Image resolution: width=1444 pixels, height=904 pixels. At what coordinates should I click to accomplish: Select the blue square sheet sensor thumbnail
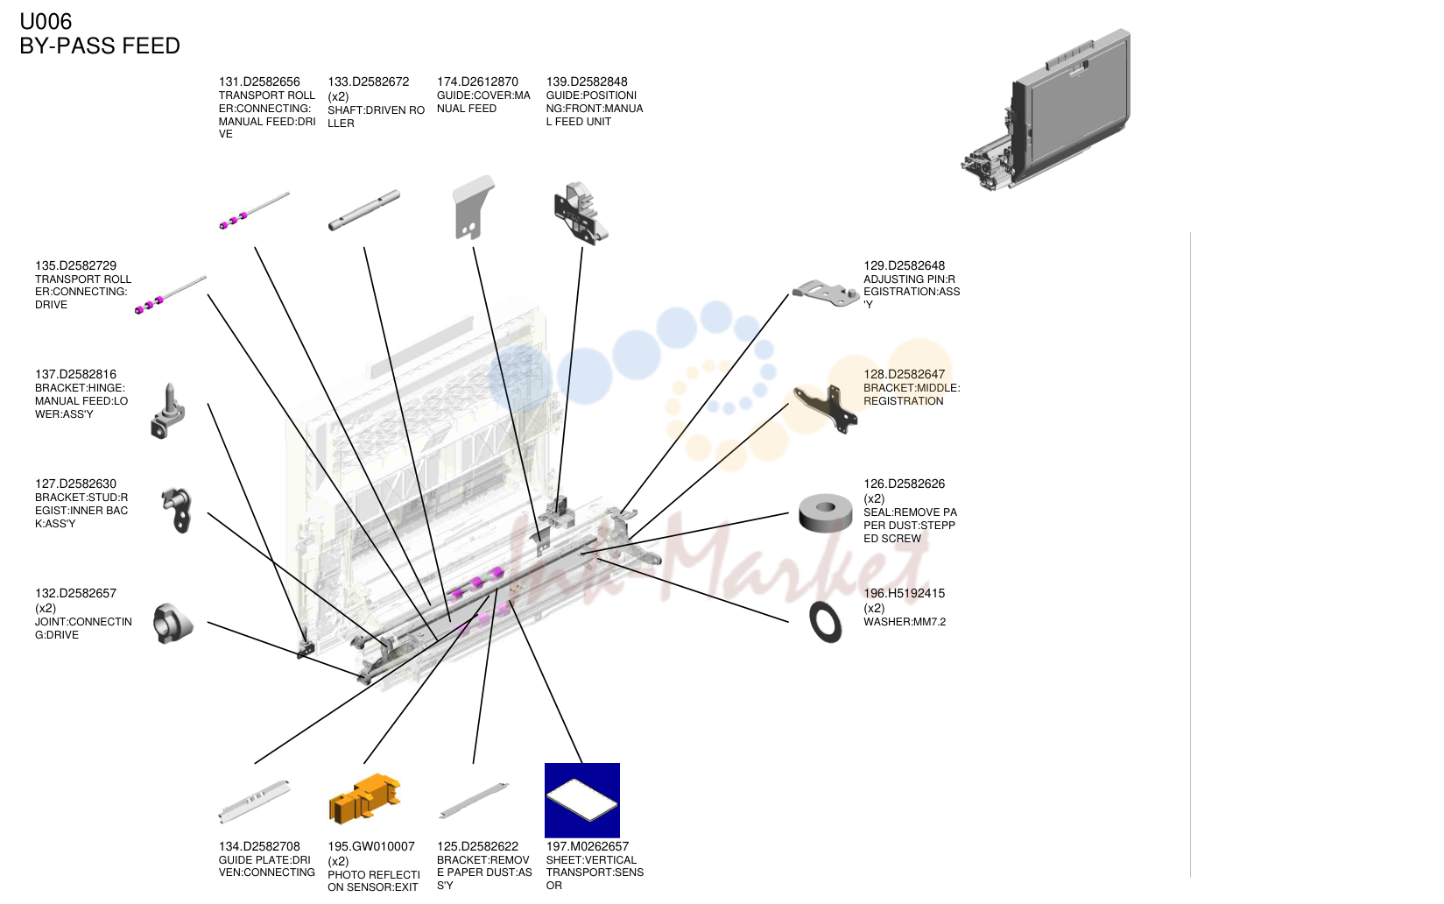(582, 800)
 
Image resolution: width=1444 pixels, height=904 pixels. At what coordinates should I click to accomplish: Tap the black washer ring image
(825, 622)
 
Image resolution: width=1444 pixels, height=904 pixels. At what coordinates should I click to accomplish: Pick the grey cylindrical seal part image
(825, 513)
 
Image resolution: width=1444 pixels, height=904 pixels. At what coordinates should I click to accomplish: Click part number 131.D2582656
(259, 81)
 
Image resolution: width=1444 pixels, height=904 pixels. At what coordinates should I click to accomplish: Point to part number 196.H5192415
(904, 593)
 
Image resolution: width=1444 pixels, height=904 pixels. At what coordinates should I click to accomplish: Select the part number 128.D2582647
(904, 374)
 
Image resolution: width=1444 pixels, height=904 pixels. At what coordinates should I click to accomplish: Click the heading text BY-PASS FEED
(100, 46)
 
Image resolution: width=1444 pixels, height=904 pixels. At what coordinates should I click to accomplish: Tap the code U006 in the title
(46, 21)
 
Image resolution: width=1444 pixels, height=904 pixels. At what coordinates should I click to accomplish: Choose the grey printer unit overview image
(1046, 109)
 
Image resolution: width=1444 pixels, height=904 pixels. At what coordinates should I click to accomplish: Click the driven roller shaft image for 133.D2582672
(363, 210)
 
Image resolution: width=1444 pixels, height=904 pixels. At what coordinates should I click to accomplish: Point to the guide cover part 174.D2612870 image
(473, 208)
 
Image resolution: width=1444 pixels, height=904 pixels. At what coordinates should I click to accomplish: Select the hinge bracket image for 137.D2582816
(168, 412)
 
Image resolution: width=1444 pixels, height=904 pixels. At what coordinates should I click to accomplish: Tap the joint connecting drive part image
(173, 624)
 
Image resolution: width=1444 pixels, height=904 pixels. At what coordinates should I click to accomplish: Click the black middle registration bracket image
(826, 408)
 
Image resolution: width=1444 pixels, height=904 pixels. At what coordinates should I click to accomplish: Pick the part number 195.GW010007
(370, 846)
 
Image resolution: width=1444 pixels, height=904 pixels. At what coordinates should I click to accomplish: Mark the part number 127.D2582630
(75, 484)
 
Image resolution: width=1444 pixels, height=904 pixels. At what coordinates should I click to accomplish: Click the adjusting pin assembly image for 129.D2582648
(826, 293)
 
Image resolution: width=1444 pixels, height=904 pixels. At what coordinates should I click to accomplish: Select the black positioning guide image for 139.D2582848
(581, 213)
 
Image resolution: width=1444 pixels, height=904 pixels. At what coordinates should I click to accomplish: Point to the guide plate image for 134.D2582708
(254, 802)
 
